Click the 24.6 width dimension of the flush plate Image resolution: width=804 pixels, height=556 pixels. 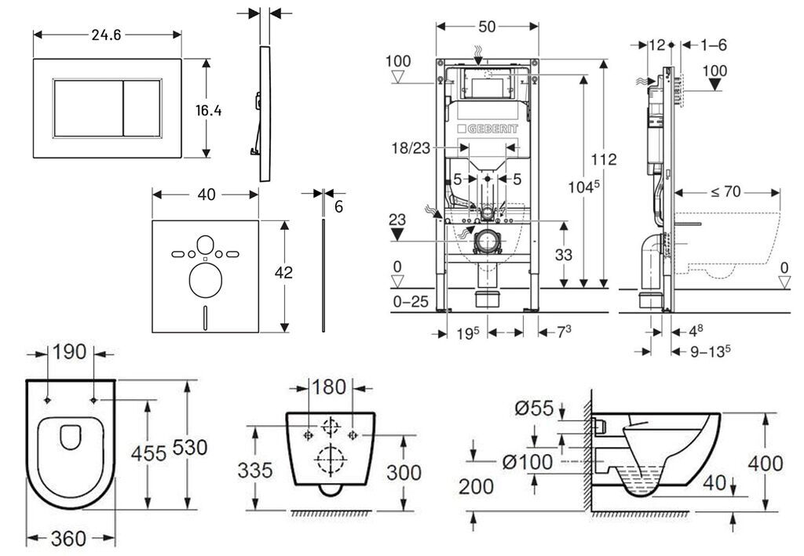click(x=106, y=35)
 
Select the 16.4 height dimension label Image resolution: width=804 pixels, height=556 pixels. click(x=208, y=110)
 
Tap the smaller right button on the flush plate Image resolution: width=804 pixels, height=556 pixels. click(x=142, y=108)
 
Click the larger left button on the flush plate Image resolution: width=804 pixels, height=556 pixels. click(x=88, y=108)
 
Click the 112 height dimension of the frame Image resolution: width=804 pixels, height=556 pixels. click(x=604, y=159)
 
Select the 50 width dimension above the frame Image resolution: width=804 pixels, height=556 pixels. click(x=487, y=27)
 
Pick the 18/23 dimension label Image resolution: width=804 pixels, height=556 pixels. click(x=411, y=148)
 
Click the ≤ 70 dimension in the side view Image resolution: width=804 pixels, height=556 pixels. click(x=725, y=192)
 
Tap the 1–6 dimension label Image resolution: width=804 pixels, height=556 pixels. click(x=713, y=45)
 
